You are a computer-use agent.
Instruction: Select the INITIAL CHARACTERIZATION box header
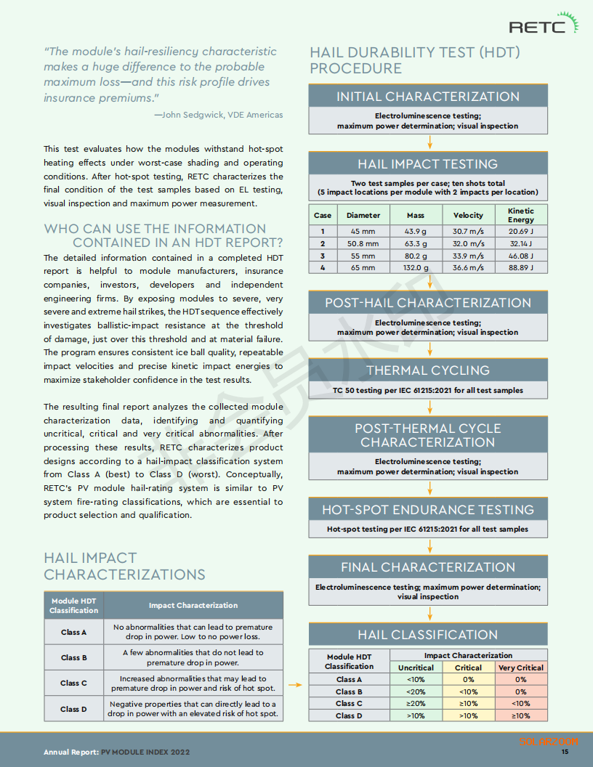[428, 97]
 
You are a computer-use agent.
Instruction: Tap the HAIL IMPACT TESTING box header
[428, 164]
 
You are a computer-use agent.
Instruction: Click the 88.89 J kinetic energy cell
[521, 267]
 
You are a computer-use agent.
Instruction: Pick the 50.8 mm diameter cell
[363, 243]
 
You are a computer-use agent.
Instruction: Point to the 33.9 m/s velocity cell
[468, 256]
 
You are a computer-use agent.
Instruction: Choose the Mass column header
[416, 215]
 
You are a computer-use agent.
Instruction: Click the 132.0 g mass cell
[416, 267]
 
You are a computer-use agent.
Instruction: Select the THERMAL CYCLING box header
[428, 370]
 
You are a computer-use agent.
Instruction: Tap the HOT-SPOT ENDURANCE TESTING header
[428, 510]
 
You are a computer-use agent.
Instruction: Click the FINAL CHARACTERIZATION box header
[428, 567]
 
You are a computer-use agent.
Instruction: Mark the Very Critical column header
[520, 667]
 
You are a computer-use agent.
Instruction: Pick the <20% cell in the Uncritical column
[416, 691]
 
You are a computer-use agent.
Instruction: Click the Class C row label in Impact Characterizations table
[73, 683]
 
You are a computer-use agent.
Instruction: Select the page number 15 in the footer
[565, 752]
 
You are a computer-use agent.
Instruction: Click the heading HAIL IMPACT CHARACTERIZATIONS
[124, 567]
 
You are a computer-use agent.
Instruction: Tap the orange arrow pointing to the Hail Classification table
[294, 684]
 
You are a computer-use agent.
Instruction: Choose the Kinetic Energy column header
[521, 215]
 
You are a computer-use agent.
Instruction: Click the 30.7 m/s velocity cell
[468, 232]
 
